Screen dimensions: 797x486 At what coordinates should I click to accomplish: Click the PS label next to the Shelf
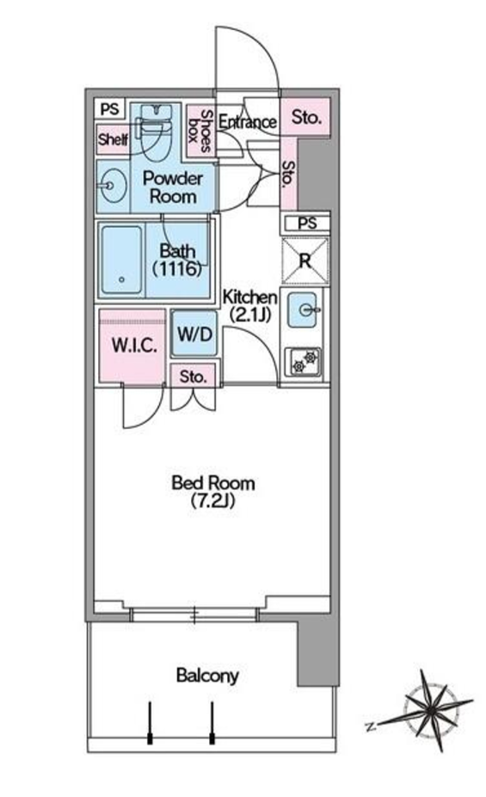[109, 108]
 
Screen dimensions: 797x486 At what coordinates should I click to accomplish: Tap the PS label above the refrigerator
[307, 223]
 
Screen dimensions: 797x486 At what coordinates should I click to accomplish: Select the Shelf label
[113, 138]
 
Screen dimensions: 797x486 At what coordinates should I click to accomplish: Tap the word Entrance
[247, 122]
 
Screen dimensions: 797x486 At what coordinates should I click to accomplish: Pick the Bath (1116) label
[178, 259]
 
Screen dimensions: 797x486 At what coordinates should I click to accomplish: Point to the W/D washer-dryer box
[194, 334]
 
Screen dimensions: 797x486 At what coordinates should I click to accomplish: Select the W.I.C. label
[133, 346]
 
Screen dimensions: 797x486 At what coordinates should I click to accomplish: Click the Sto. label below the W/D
[194, 377]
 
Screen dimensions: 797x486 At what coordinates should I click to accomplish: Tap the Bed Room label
[212, 491]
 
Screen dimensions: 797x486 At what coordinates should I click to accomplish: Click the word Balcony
[207, 676]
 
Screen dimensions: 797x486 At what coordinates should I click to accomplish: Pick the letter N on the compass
[370, 726]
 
